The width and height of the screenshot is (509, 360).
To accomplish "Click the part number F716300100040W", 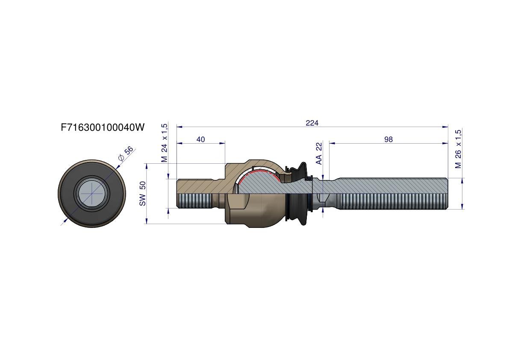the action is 103,127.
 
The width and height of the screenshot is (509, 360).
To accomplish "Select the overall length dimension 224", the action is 312,123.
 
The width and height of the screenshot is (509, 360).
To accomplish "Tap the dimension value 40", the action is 200,139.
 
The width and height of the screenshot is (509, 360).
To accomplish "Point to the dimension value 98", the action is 388,139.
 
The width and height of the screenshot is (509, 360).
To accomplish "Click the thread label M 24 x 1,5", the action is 165,142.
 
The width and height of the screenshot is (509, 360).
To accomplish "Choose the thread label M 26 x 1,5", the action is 458,149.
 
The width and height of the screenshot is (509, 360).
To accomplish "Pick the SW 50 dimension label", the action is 142,193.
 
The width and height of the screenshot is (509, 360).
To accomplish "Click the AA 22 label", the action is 319,153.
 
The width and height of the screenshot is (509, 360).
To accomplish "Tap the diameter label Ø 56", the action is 126,153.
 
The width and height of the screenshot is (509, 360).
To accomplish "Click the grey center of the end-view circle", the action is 92,193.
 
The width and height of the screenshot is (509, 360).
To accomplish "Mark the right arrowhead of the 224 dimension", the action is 446,127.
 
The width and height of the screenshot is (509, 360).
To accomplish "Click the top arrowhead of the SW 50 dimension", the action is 147,166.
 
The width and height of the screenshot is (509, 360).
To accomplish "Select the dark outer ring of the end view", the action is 92,193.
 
